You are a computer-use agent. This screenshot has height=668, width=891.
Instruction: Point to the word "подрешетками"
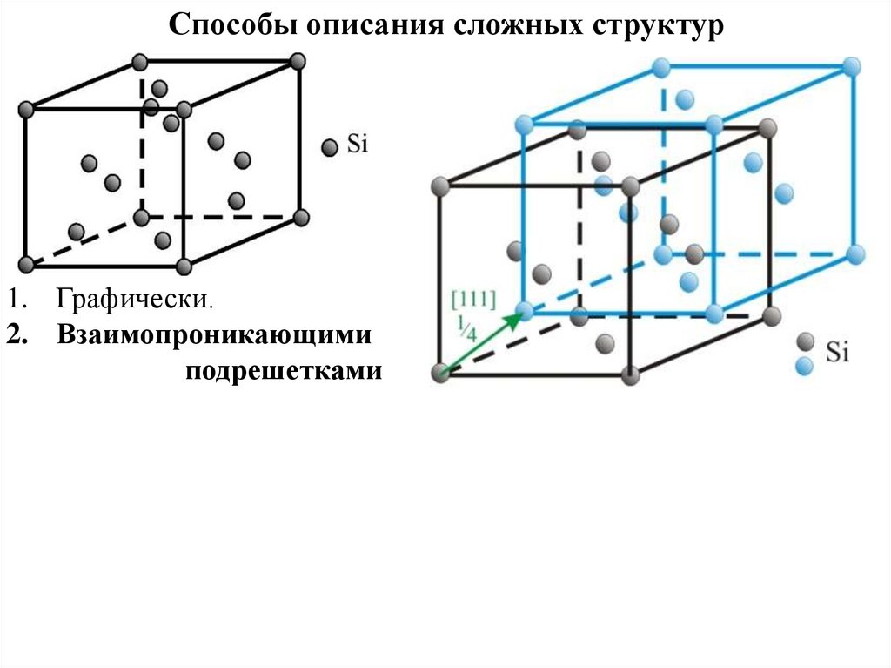point(284,371)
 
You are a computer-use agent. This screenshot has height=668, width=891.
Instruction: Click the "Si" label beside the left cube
point(358,145)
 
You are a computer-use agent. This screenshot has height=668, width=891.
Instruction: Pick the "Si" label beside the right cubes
point(837,352)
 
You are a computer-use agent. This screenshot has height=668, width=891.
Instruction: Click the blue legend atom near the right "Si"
point(805,366)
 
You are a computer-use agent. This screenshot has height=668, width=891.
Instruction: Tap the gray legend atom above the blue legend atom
point(806,341)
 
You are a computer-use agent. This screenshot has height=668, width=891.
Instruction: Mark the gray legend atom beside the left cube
point(329,148)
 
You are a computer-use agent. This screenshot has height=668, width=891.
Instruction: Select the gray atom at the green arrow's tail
point(439,374)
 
